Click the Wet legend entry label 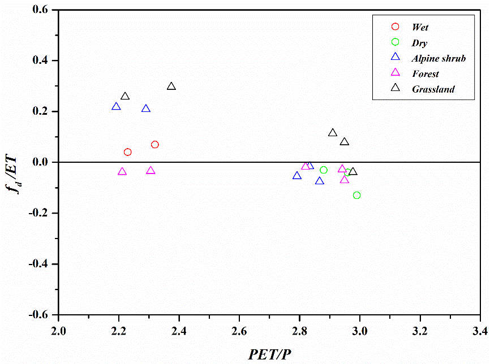pyautogui.click(x=420, y=27)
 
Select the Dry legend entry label pyautogui.click(x=420, y=43)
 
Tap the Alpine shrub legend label pyautogui.click(x=439, y=58)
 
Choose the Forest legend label pyautogui.click(x=425, y=74)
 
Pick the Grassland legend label pyautogui.click(x=433, y=89)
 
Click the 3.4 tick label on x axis pyautogui.click(x=480, y=330)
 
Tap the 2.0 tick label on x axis pyautogui.click(x=58, y=330)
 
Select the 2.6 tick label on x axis pyautogui.click(x=239, y=330)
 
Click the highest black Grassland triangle pyautogui.click(x=171, y=86)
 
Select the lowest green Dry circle pyautogui.click(x=356, y=196)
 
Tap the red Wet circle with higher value pyautogui.click(x=155, y=145)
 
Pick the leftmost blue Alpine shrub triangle pyautogui.click(x=116, y=107)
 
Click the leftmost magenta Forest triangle pyautogui.click(x=122, y=172)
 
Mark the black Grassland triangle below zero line pyautogui.click(x=353, y=172)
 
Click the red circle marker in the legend pyautogui.click(x=396, y=27)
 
